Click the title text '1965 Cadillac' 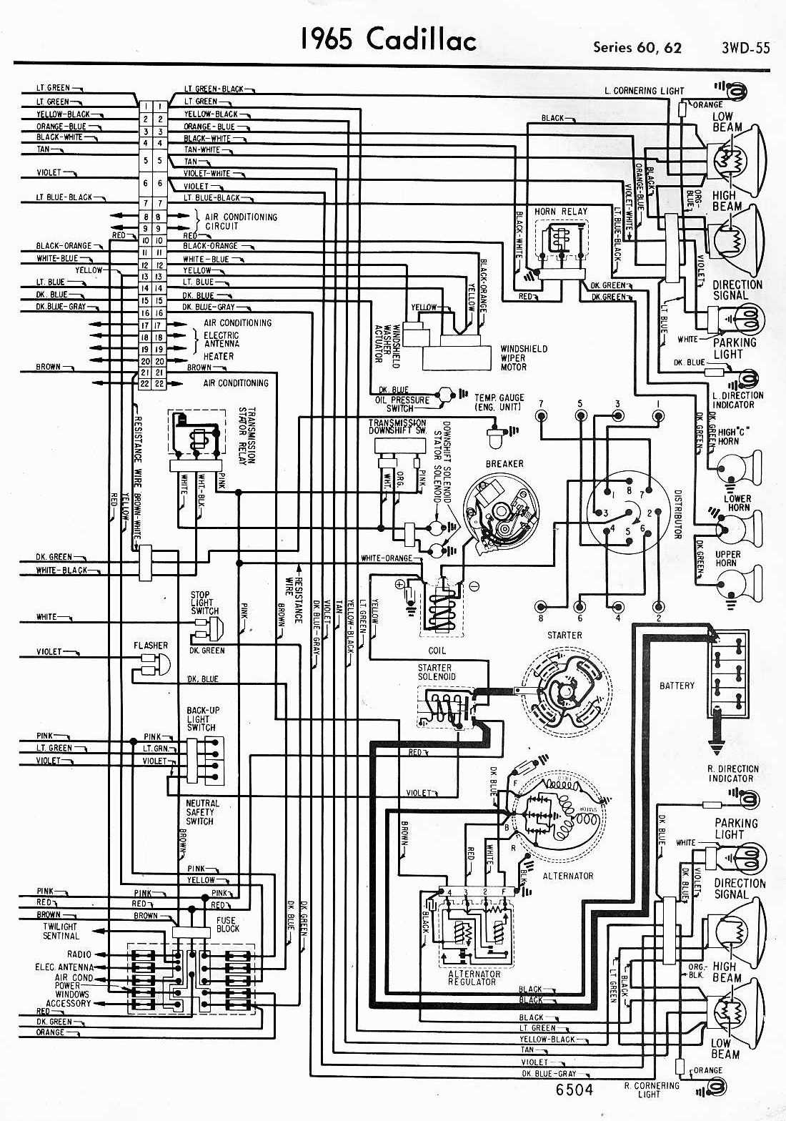click(x=388, y=40)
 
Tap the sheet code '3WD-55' click(x=745, y=48)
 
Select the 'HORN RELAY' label click(x=560, y=211)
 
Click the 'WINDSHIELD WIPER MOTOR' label click(x=523, y=357)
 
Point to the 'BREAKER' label click(x=504, y=464)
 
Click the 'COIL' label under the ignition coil click(x=437, y=651)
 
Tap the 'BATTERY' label click(x=677, y=686)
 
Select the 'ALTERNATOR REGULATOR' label click(x=474, y=977)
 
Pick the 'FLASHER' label click(x=151, y=646)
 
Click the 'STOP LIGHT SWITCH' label click(x=204, y=603)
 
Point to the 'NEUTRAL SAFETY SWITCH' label click(x=202, y=812)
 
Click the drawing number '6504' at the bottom click(x=574, y=1090)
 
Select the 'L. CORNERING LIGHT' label click(x=643, y=91)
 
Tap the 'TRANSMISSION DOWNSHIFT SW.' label click(x=397, y=427)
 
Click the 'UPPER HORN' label click(x=727, y=558)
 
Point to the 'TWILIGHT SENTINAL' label click(x=61, y=931)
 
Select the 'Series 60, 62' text click(x=637, y=48)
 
